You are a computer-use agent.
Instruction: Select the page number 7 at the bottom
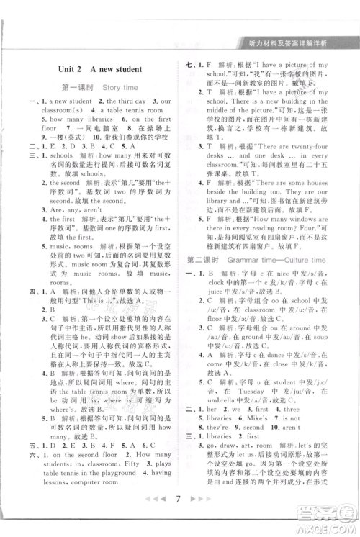coord(180,516)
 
